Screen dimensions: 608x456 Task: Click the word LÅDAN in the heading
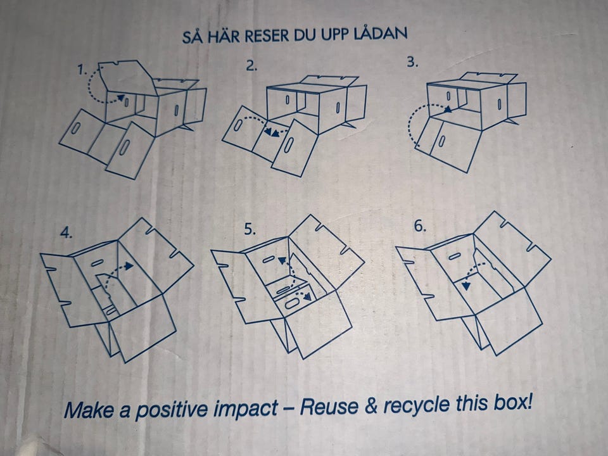coord(381,34)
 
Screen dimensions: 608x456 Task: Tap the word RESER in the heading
coord(267,36)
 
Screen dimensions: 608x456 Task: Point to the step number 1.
coord(82,70)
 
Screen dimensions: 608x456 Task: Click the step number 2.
coord(251,66)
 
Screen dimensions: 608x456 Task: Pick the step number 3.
coord(412,62)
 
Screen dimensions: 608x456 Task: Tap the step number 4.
coord(66,232)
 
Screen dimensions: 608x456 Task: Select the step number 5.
coord(250,229)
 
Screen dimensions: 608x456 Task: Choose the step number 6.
coord(421,225)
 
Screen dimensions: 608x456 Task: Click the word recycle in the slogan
coord(417,405)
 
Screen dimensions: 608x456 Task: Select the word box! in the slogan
coord(512,403)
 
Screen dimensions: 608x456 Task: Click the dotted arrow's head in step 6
coord(466,286)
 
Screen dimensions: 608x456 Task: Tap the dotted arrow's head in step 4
coord(129,265)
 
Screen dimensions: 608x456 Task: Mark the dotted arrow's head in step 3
coord(448,110)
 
